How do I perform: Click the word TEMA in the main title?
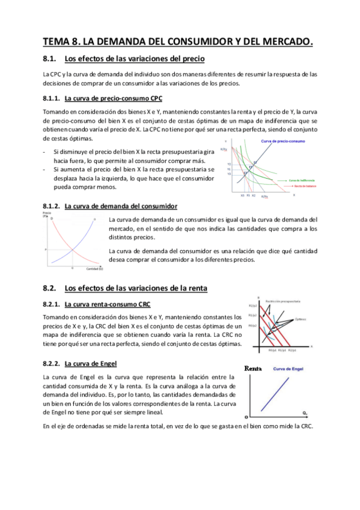coord(58,41)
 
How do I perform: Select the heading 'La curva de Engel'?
coord(90,363)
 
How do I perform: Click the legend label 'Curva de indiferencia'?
coord(302,180)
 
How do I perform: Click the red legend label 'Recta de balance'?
coord(301,186)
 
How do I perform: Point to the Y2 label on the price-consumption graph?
coord(229,164)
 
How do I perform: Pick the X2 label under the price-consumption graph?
coord(254,195)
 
